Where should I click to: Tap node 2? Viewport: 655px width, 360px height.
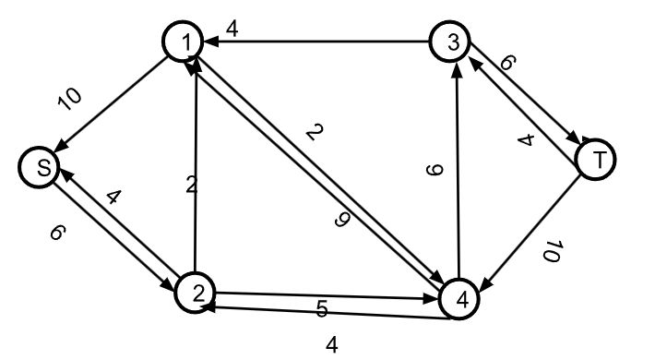pos(195,293)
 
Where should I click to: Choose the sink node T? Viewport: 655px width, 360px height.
pos(597,159)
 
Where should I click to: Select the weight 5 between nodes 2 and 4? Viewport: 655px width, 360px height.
pos(322,309)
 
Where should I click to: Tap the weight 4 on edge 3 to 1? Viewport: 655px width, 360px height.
pos(232,30)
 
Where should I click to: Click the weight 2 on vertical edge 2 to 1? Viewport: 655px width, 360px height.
pos(190,185)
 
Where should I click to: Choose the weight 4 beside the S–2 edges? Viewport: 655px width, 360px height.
pos(112,197)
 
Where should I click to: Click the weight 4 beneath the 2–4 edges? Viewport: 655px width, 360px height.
pos(331,345)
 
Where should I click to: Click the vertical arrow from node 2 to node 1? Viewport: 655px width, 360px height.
pos(196,166)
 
